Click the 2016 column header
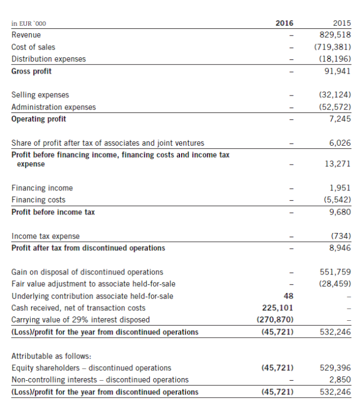coord(284,23)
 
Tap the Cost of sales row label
coord(33,47)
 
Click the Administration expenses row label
coord(53,107)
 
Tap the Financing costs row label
coord(38,200)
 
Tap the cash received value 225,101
coord(278,308)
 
